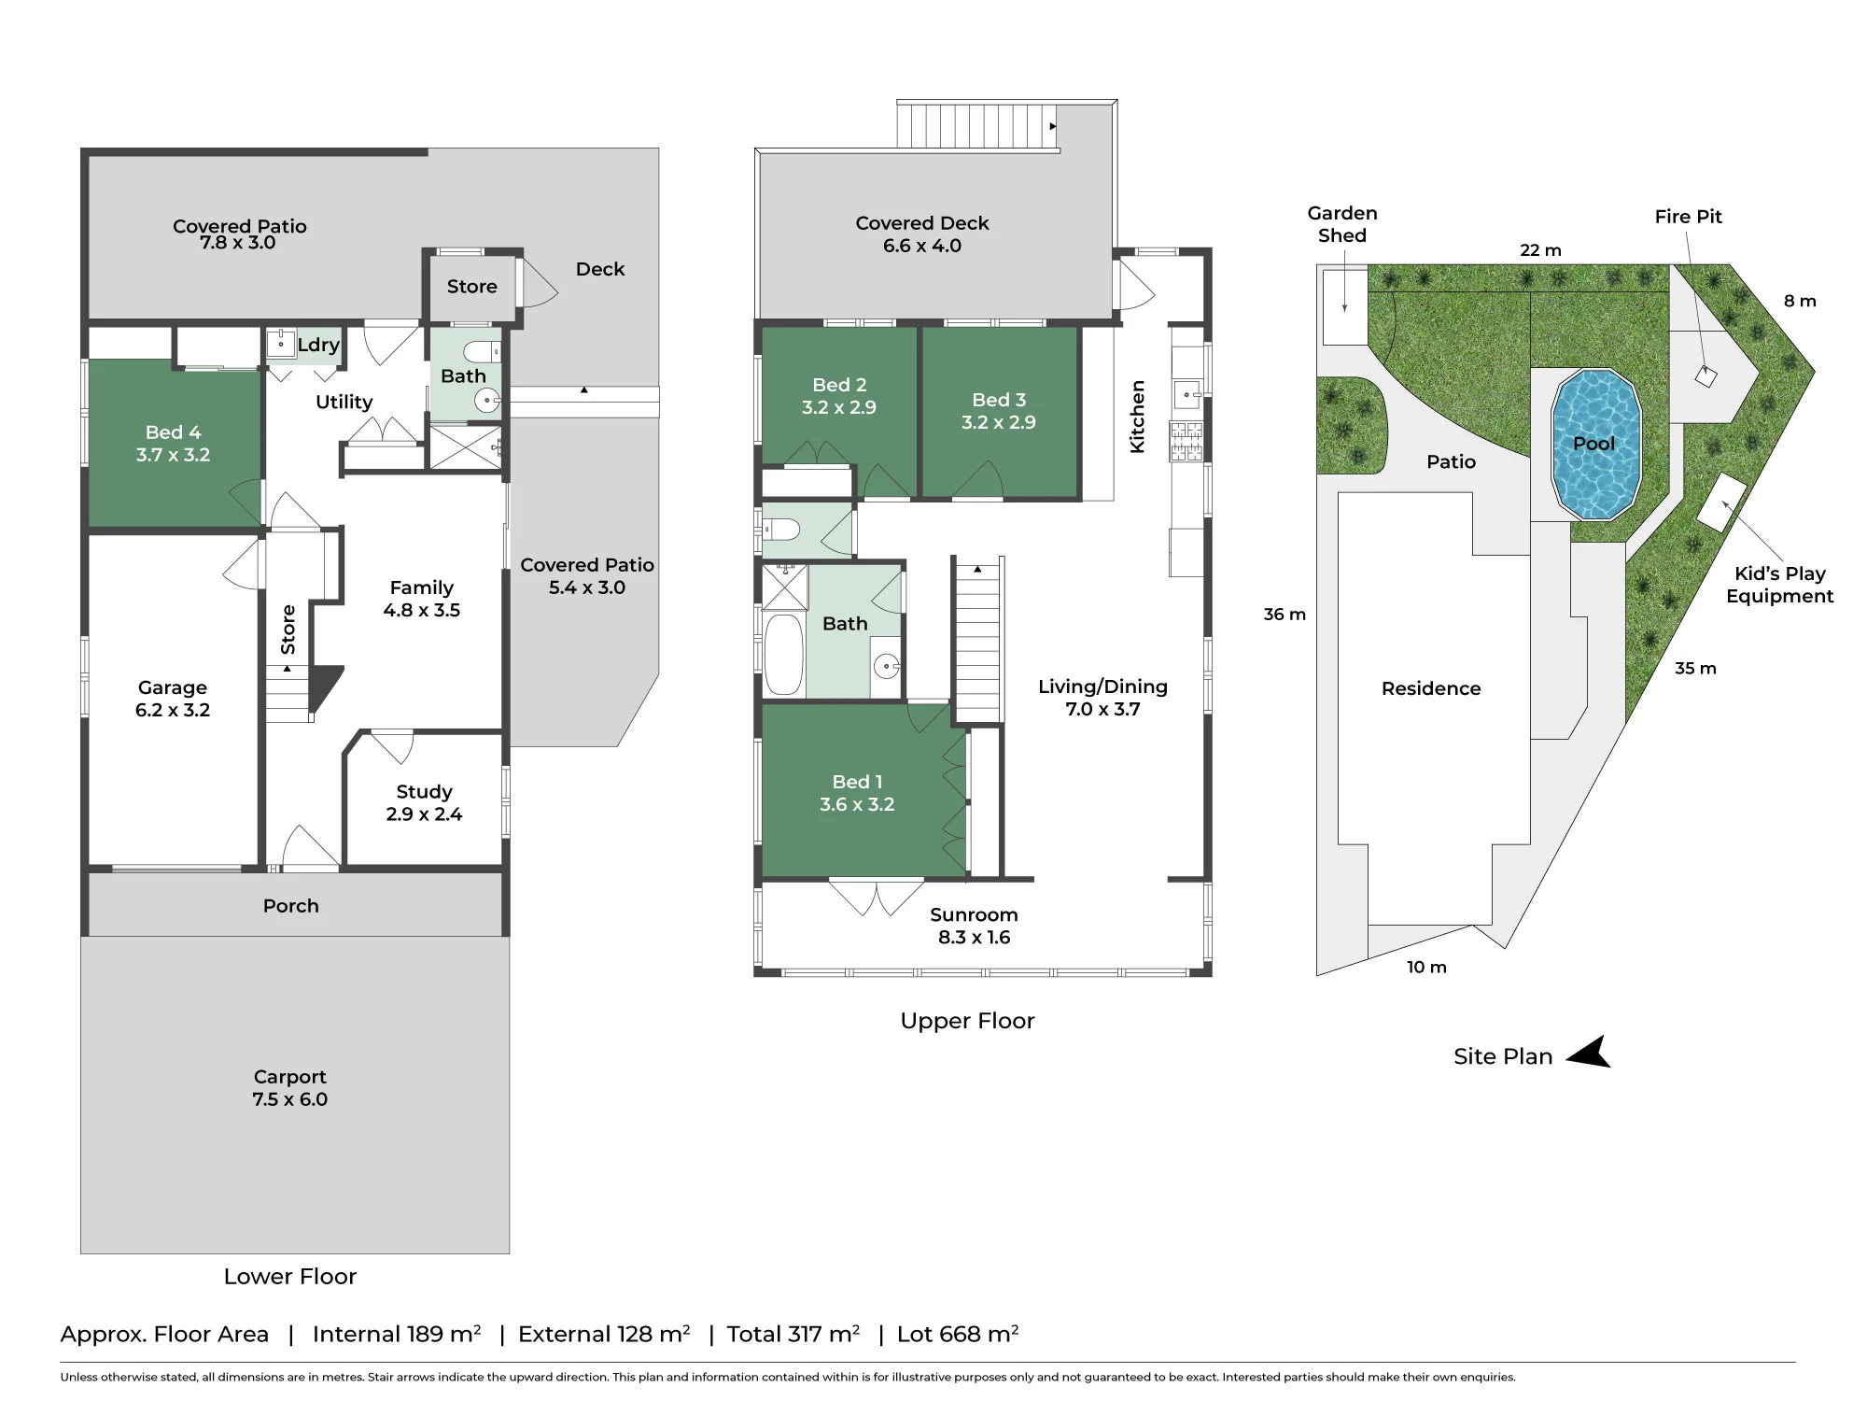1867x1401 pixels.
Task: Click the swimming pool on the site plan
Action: coord(1595,445)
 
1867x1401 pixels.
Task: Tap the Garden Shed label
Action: coord(1342,225)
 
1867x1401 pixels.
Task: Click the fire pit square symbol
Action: coord(1706,376)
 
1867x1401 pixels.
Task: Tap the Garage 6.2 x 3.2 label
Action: coord(173,699)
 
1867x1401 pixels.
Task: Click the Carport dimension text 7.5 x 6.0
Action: coord(289,1099)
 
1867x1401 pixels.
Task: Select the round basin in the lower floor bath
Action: coord(487,401)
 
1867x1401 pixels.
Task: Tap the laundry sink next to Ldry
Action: coord(280,344)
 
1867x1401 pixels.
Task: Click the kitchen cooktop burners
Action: coord(1186,441)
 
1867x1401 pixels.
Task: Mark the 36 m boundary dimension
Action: coord(1284,615)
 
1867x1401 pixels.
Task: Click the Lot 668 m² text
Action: coord(958,1334)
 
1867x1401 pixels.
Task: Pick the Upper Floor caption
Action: coord(967,1021)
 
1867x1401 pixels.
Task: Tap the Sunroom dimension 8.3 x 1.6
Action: coord(974,937)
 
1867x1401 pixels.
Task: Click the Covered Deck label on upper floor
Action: coord(922,223)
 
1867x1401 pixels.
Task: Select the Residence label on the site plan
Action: coord(1431,688)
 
